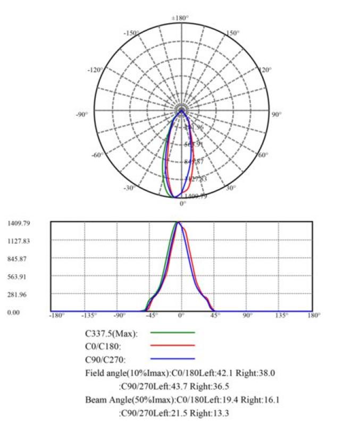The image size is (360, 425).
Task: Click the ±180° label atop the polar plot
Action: point(180,18)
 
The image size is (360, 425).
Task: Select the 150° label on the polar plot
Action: point(232,33)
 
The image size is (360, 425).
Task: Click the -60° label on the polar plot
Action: point(97,155)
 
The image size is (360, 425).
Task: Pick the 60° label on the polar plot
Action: point(263,155)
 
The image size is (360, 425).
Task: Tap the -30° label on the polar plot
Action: point(130,188)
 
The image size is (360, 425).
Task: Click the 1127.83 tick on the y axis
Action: point(19,241)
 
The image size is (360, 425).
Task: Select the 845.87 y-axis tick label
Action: point(19,259)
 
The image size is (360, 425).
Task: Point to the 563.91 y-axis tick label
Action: point(19,276)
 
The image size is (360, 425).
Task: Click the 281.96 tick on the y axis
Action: point(19,294)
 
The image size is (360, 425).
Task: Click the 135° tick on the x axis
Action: point(281,316)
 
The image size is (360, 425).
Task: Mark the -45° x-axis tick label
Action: point(153,316)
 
